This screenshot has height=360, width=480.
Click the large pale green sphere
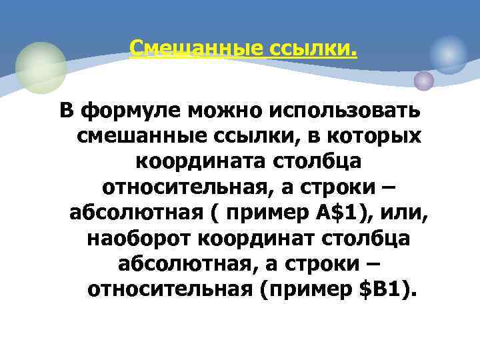(x=41, y=67)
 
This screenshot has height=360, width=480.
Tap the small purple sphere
(x=423, y=81)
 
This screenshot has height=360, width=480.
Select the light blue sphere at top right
(x=449, y=53)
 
